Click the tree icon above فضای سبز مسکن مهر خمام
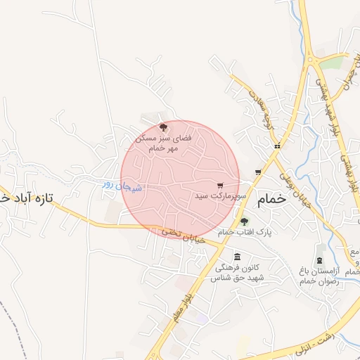164,127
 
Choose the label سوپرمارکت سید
221,198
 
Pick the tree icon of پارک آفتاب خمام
245,221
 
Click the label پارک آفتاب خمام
245,232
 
